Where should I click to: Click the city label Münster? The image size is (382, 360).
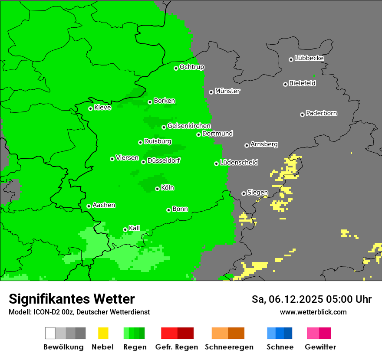(x=227, y=91)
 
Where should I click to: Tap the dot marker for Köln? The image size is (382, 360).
(x=157, y=189)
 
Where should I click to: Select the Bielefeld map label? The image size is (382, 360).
(x=302, y=83)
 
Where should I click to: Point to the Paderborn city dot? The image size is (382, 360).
(x=302, y=115)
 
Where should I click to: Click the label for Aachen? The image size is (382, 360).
(x=104, y=205)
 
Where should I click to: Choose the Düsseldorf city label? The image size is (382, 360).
(x=164, y=160)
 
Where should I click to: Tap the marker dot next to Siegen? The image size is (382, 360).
(x=244, y=193)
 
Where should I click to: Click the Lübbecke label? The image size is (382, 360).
(x=309, y=58)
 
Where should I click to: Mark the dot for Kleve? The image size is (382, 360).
(x=90, y=108)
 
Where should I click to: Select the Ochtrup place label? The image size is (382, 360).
(x=192, y=67)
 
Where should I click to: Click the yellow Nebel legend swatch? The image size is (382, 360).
(x=103, y=333)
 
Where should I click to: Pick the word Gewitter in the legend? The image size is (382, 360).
(x=320, y=347)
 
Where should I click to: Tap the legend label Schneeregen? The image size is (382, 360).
(x=229, y=347)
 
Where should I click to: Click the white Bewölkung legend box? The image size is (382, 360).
(x=50, y=333)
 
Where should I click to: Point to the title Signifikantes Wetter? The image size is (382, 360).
(x=72, y=299)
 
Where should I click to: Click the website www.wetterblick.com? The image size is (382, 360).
(x=313, y=312)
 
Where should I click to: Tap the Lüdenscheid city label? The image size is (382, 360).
(x=239, y=163)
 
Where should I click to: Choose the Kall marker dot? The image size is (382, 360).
(x=125, y=229)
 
